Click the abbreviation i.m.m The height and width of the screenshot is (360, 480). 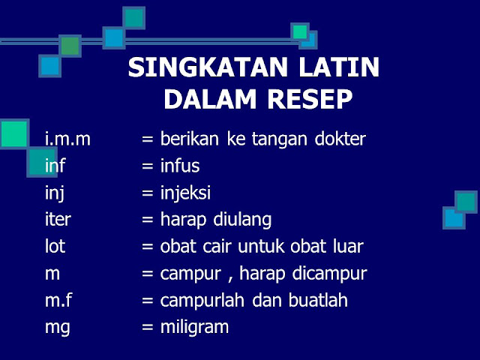[x=67, y=139]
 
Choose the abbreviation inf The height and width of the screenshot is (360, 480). [x=55, y=166]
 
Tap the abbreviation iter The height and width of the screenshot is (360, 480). [x=58, y=220]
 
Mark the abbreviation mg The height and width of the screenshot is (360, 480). [x=56, y=328]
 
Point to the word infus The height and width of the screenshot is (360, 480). [x=180, y=166]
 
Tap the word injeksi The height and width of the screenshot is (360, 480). [x=185, y=193]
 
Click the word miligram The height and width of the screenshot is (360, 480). [x=194, y=327]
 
